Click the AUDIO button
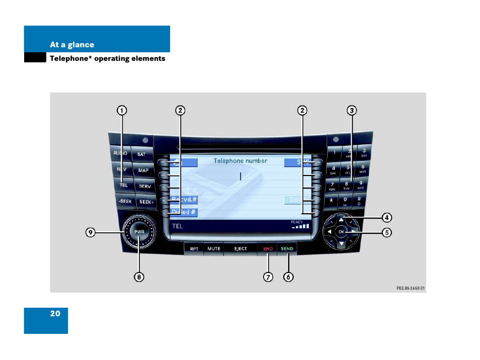click(120, 153)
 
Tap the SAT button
click(141, 154)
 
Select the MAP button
click(143, 170)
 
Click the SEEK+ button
click(146, 202)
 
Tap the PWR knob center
click(139, 232)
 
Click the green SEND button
click(287, 248)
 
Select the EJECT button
click(241, 248)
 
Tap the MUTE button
click(214, 248)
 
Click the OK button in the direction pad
click(341, 232)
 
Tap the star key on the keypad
click(332, 200)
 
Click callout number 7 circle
click(268, 277)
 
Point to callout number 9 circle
click(90, 232)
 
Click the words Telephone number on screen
click(240, 161)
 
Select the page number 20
click(55, 313)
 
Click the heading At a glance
click(72, 45)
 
